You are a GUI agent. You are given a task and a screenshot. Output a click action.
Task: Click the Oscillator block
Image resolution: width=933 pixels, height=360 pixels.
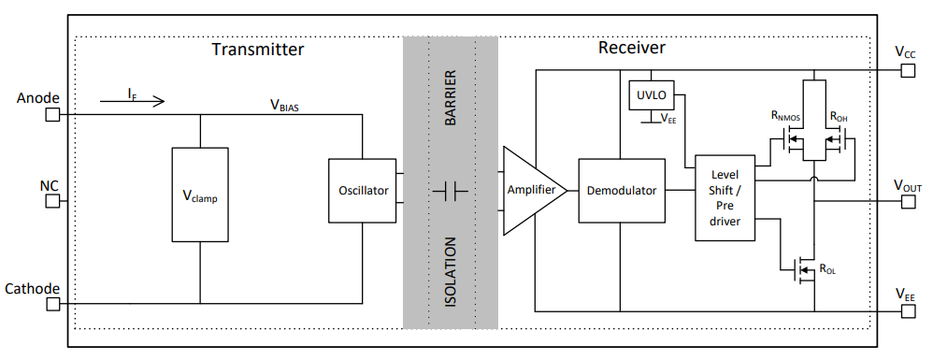pos(363,191)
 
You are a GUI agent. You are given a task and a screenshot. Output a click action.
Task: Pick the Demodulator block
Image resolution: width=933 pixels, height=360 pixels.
pos(621,191)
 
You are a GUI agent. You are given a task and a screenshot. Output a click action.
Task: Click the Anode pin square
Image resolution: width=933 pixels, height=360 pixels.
pos(52,115)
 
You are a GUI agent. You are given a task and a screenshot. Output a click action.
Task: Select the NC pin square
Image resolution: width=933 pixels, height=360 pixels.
pos(52,201)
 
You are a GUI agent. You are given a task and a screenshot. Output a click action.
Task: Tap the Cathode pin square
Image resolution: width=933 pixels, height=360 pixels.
pos(52,304)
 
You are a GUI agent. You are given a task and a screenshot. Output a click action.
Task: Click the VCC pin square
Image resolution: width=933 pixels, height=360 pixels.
pos(905,71)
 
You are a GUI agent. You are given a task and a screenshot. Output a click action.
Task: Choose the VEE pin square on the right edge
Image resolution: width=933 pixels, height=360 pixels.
pos(905,310)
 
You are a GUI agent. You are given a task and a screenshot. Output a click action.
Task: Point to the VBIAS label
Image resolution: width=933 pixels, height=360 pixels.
pos(284,105)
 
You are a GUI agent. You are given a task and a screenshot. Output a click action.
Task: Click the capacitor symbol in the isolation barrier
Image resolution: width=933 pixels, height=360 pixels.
pos(450,191)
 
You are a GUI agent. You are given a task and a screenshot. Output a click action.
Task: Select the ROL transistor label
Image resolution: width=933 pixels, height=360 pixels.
pos(827,269)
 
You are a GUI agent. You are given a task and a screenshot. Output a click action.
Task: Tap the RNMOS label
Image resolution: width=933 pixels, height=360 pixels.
pos(788,116)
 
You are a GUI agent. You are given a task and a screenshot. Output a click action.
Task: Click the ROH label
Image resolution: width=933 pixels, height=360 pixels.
pos(839,116)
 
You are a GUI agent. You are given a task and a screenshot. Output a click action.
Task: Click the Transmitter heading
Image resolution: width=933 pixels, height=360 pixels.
pos(257,49)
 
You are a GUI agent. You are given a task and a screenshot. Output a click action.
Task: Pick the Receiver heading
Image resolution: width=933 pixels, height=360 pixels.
pos(631,47)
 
